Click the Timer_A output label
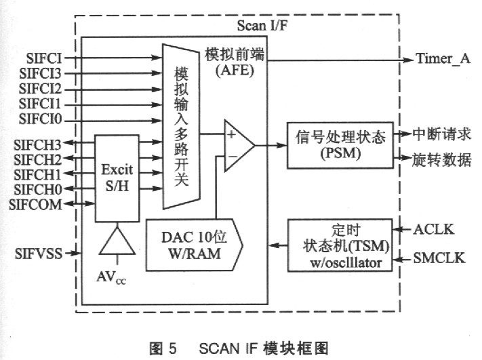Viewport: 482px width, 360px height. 441,59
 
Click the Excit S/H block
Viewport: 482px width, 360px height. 116,178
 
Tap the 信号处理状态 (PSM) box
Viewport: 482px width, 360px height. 340,145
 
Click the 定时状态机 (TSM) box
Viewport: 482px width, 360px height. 340,245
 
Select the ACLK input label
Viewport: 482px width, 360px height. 431,231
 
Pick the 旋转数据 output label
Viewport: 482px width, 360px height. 441,160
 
